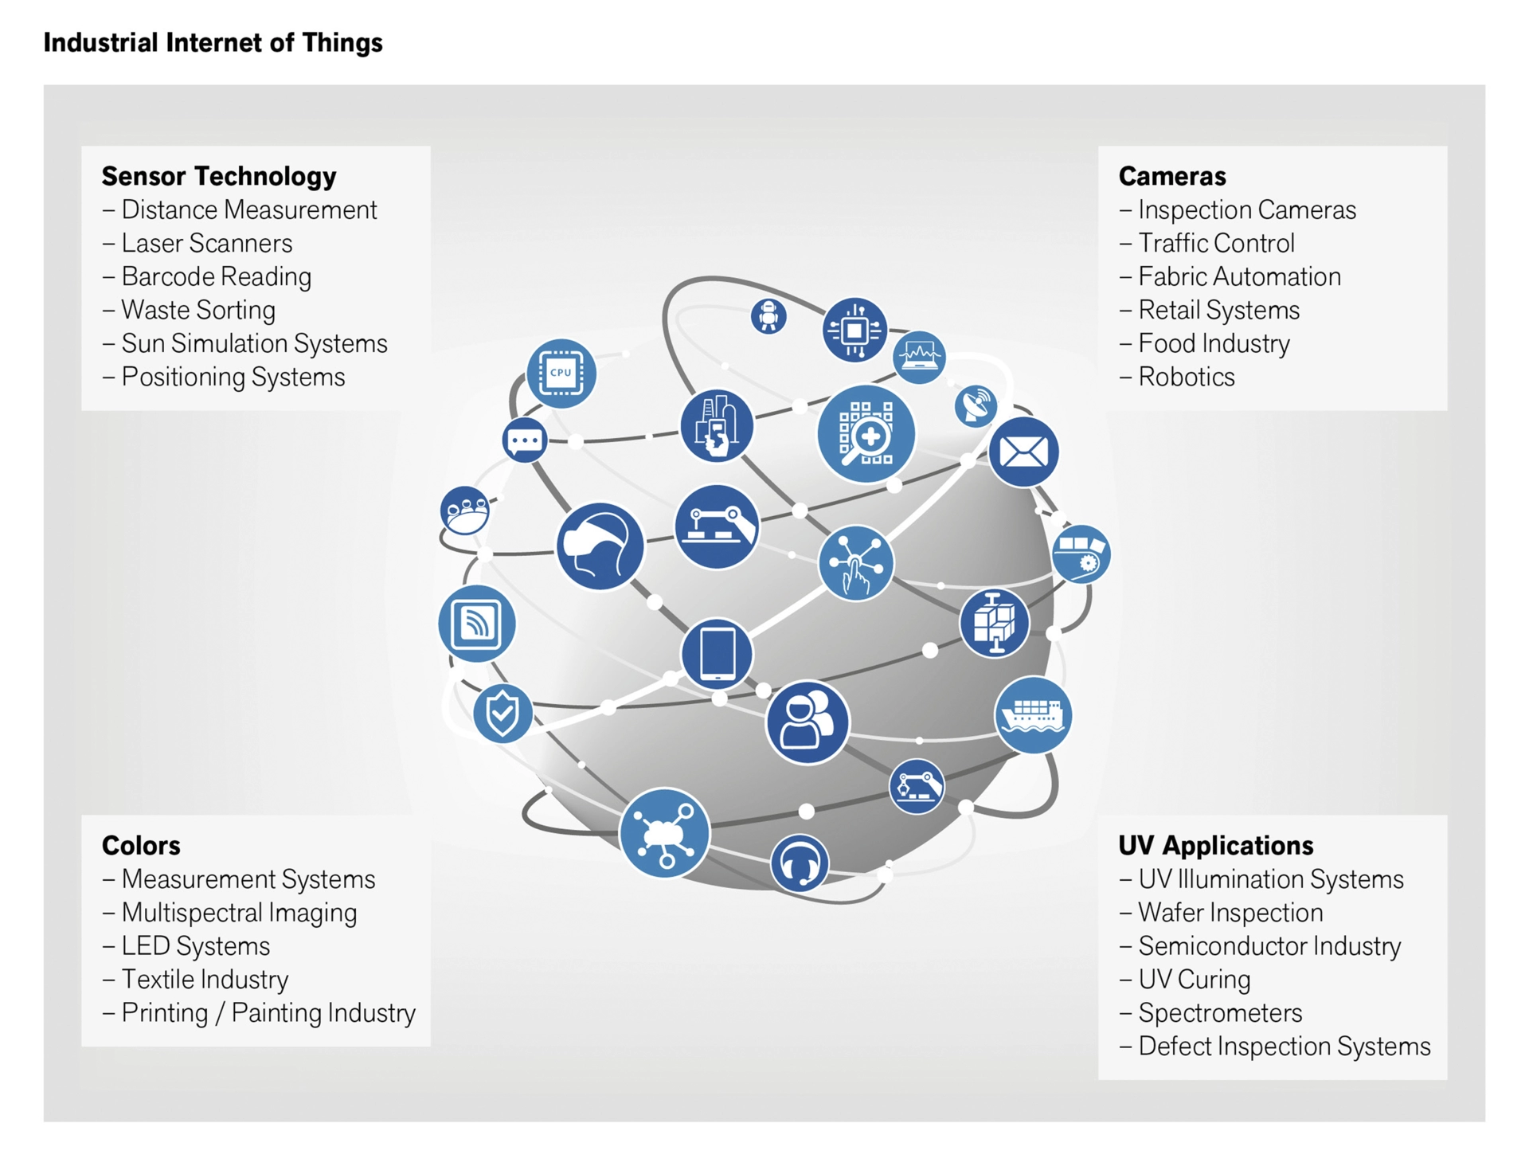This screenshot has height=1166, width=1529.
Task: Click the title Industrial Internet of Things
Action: click(213, 42)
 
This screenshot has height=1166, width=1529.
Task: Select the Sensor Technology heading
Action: click(219, 176)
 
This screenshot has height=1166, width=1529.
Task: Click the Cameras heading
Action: click(1171, 176)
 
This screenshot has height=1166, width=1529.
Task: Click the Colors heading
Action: click(141, 845)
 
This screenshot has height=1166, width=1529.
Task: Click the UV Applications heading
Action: click(1215, 845)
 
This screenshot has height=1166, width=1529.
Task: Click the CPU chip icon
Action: click(561, 373)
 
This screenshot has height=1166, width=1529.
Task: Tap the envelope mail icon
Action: click(1023, 452)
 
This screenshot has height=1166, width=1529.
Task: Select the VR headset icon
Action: click(600, 546)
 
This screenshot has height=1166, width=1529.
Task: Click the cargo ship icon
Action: click(1033, 714)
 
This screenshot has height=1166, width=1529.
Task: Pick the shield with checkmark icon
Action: click(502, 714)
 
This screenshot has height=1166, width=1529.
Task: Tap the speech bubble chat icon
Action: click(524, 440)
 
